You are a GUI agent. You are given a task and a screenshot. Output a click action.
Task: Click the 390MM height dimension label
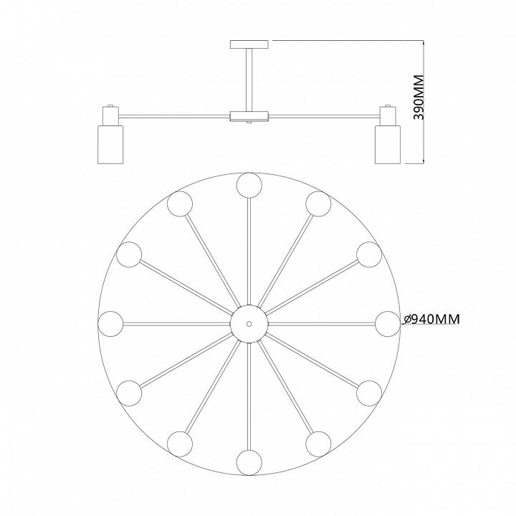[419, 97]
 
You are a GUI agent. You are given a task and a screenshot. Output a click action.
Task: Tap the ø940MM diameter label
[431, 319]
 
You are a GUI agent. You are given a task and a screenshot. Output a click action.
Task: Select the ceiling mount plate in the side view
[249, 44]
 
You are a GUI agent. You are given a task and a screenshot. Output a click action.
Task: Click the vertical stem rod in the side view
[249, 80]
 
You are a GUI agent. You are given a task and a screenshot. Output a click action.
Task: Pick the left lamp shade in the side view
[110, 144]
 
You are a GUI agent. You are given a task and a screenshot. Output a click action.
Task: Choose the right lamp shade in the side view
[388, 144]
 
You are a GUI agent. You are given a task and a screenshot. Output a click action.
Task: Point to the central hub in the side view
[249, 116]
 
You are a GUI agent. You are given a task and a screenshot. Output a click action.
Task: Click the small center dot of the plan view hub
[249, 324]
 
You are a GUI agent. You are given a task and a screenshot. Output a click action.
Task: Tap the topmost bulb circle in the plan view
[249, 185]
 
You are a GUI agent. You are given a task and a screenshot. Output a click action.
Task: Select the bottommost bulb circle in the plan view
[249, 463]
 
